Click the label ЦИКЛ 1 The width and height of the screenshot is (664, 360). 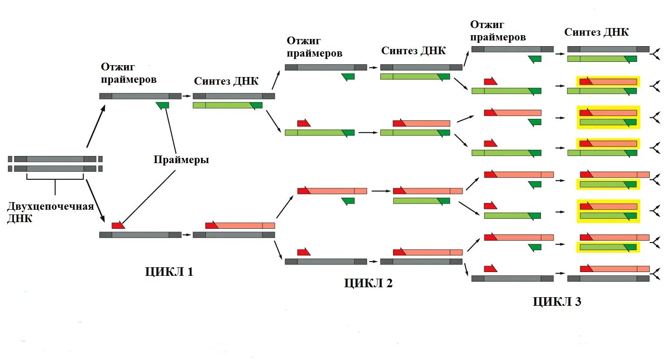click(x=169, y=272)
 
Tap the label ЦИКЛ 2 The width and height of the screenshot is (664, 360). click(x=368, y=283)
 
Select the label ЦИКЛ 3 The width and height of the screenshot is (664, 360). click(x=557, y=302)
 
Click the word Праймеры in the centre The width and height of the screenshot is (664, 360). click(x=181, y=160)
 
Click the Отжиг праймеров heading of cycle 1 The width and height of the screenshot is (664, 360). click(x=128, y=74)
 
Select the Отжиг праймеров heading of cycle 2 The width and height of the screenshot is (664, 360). click(x=314, y=47)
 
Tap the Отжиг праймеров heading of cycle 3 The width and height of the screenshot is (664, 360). click(x=498, y=31)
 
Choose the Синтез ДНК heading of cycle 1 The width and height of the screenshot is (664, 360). click(x=226, y=81)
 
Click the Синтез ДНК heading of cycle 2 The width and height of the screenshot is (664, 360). click(x=414, y=51)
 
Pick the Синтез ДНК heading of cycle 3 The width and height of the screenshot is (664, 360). click(x=597, y=32)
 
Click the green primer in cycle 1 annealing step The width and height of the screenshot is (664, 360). click(x=163, y=105)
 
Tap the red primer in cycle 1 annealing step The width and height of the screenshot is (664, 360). click(x=118, y=225)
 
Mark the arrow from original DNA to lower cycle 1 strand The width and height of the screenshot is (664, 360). click(x=96, y=197)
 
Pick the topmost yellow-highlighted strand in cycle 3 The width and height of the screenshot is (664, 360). click(x=608, y=81)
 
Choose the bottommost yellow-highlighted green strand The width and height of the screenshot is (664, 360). click(x=608, y=247)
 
